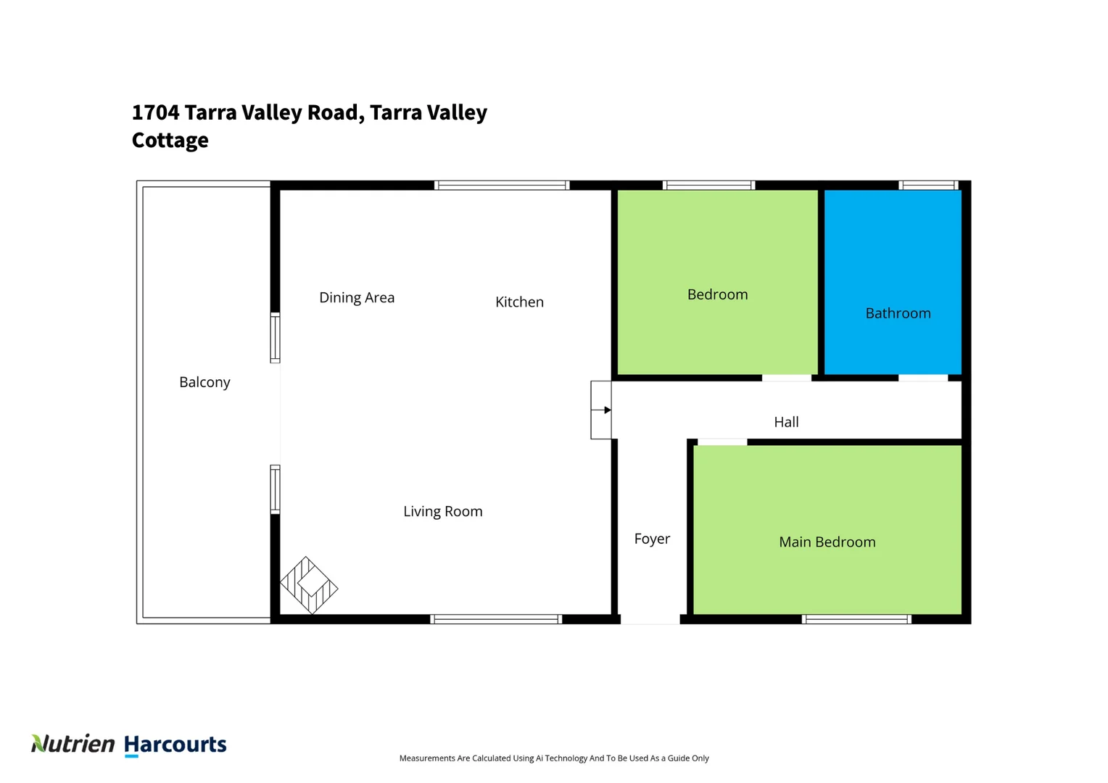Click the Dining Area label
click(x=357, y=297)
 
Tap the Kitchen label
click(x=519, y=302)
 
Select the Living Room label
click(x=442, y=511)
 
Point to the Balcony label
click(x=204, y=382)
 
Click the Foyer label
click(x=652, y=539)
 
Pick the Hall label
click(x=786, y=422)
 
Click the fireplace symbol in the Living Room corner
click(x=309, y=585)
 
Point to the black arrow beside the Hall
click(x=607, y=410)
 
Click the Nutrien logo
click(x=73, y=744)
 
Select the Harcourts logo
click(x=175, y=745)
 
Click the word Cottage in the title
click(x=170, y=140)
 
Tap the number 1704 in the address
click(x=155, y=112)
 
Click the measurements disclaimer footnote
click(x=554, y=758)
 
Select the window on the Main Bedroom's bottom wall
click(x=856, y=619)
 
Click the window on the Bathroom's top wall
click(x=928, y=185)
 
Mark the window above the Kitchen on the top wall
click(x=502, y=186)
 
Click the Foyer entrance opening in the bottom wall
click(x=650, y=619)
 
